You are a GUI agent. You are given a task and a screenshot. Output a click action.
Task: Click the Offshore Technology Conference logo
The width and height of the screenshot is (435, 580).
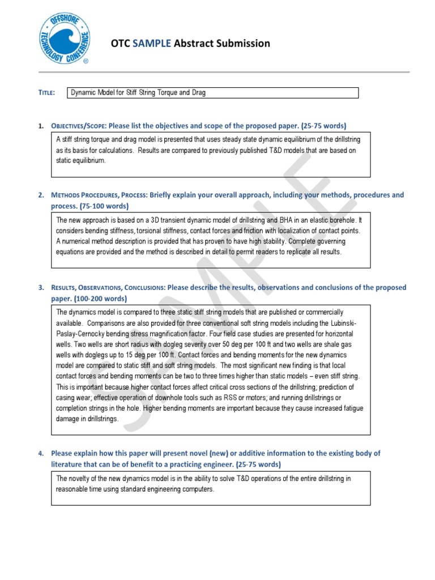pos(62,38)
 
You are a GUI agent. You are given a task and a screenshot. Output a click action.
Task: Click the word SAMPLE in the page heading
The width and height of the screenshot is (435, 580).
pos(151,44)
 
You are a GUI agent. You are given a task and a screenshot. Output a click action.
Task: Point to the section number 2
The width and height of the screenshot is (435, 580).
pos(41,195)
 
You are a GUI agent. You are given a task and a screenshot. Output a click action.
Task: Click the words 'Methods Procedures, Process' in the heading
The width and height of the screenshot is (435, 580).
pos(99,195)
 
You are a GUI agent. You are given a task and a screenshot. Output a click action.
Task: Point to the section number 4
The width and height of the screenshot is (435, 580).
pos(41,454)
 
